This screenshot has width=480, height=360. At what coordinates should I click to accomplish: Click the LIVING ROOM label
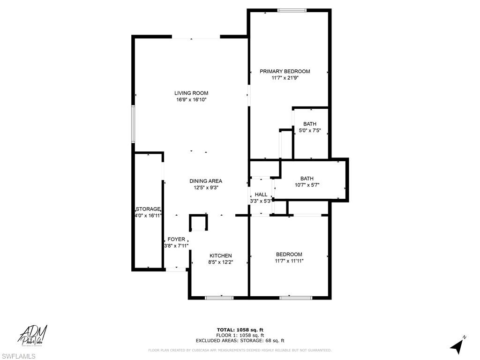pos(191,93)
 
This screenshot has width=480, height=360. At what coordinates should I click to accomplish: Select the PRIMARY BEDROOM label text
pos(285,71)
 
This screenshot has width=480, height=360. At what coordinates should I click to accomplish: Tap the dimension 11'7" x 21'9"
pos(285,78)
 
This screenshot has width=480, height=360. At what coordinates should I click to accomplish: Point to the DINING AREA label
pos(206,181)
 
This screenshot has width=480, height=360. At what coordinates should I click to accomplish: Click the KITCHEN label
pos(220,255)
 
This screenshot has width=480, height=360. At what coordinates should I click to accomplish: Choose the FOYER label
pos(176,239)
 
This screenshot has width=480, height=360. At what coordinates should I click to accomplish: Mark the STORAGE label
pos(148,209)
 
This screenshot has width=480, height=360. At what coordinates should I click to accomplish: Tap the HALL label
pos(261,195)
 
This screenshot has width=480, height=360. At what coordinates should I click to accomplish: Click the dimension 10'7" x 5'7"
pos(307,185)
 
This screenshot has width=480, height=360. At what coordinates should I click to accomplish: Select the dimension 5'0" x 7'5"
pos(310,131)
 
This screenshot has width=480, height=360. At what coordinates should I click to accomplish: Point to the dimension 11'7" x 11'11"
pos(289,261)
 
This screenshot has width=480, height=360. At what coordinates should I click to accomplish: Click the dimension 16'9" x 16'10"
pos(191,100)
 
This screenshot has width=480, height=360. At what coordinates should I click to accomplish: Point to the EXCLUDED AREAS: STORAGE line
pos(240,341)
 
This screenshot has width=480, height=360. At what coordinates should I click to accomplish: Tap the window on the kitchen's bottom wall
pos(219,297)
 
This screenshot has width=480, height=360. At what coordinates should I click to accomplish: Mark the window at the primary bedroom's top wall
pos(292,10)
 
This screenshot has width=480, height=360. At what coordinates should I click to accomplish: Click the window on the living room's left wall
pos(133,124)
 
